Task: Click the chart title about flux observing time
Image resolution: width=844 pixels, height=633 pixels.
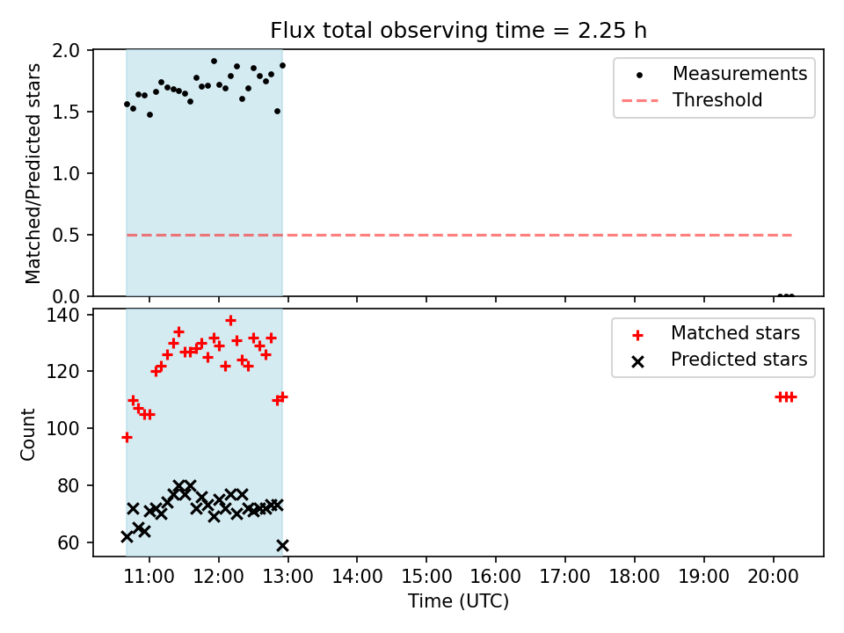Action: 458,30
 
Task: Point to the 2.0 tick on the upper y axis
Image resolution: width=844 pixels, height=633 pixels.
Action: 66,51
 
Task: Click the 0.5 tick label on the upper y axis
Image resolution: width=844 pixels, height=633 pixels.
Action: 66,236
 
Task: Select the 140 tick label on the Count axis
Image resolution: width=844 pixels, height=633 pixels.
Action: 62,315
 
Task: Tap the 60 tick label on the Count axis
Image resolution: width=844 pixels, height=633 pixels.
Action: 68,543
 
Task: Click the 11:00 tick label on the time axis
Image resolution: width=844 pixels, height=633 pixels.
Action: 149,577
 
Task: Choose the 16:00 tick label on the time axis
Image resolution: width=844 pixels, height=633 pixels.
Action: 496,577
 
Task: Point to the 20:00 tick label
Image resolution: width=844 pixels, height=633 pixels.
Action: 773,577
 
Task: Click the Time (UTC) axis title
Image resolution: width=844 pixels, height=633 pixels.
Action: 458,600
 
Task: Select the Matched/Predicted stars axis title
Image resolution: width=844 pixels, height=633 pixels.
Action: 33,173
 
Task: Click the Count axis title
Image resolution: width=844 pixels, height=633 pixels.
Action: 27,433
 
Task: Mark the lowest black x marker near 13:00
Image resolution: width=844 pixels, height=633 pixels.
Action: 282,546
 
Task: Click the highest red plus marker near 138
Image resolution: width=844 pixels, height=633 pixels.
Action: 231,321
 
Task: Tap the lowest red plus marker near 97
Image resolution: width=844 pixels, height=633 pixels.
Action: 127,438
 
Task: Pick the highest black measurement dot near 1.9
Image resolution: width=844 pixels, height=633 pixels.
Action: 215,62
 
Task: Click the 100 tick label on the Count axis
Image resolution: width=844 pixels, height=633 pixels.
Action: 62,429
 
